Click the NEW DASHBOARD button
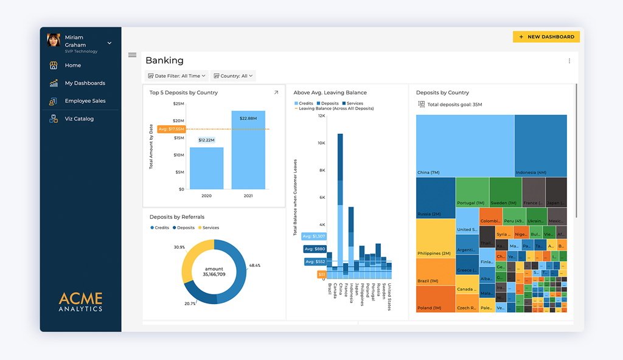click(x=546, y=37)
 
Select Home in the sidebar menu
click(x=72, y=65)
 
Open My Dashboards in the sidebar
click(x=85, y=83)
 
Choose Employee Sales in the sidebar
click(x=85, y=101)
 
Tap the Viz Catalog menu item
click(x=79, y=119)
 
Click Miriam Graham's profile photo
click(x=54, y=41)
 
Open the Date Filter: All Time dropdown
click(x=177, y=76)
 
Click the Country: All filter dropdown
click(x=234, y=76)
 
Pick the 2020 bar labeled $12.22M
click(x=206, y=169)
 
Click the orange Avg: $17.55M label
click(x=171, y=129)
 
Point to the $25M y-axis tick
click(x=178, y=104)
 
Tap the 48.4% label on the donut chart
click(x=254, y=266)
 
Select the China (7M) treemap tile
click(x=465, y=145)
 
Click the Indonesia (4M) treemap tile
click(x=540, y=145)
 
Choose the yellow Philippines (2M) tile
click(x=436, y=238)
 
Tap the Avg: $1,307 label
click(x=313, y=236)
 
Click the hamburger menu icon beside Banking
click(x=132, y=55)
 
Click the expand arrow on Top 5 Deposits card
click(x=276, y=93)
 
